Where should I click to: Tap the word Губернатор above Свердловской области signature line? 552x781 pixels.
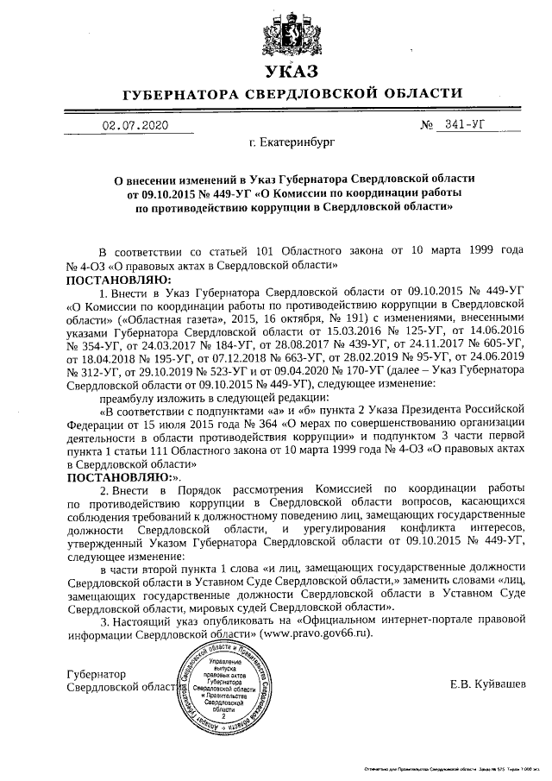[x=96, y=673]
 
